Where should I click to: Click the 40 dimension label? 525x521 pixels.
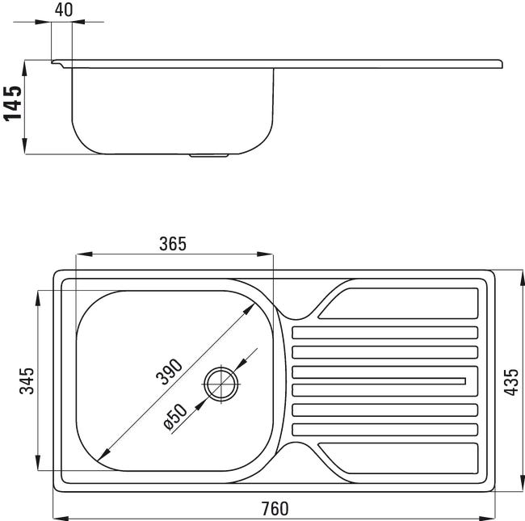point(64,10)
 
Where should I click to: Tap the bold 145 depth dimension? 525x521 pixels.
point(13,103)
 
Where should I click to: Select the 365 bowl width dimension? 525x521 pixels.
point(172,244)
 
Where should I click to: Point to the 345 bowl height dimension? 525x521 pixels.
point(27,380)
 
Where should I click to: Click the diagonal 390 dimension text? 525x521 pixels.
point(170,372)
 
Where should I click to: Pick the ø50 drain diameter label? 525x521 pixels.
point(175,417)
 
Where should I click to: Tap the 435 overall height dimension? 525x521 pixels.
point(511,382)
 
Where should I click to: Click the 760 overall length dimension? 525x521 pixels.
point(275,509)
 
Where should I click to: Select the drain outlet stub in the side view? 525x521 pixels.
point(209,156)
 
